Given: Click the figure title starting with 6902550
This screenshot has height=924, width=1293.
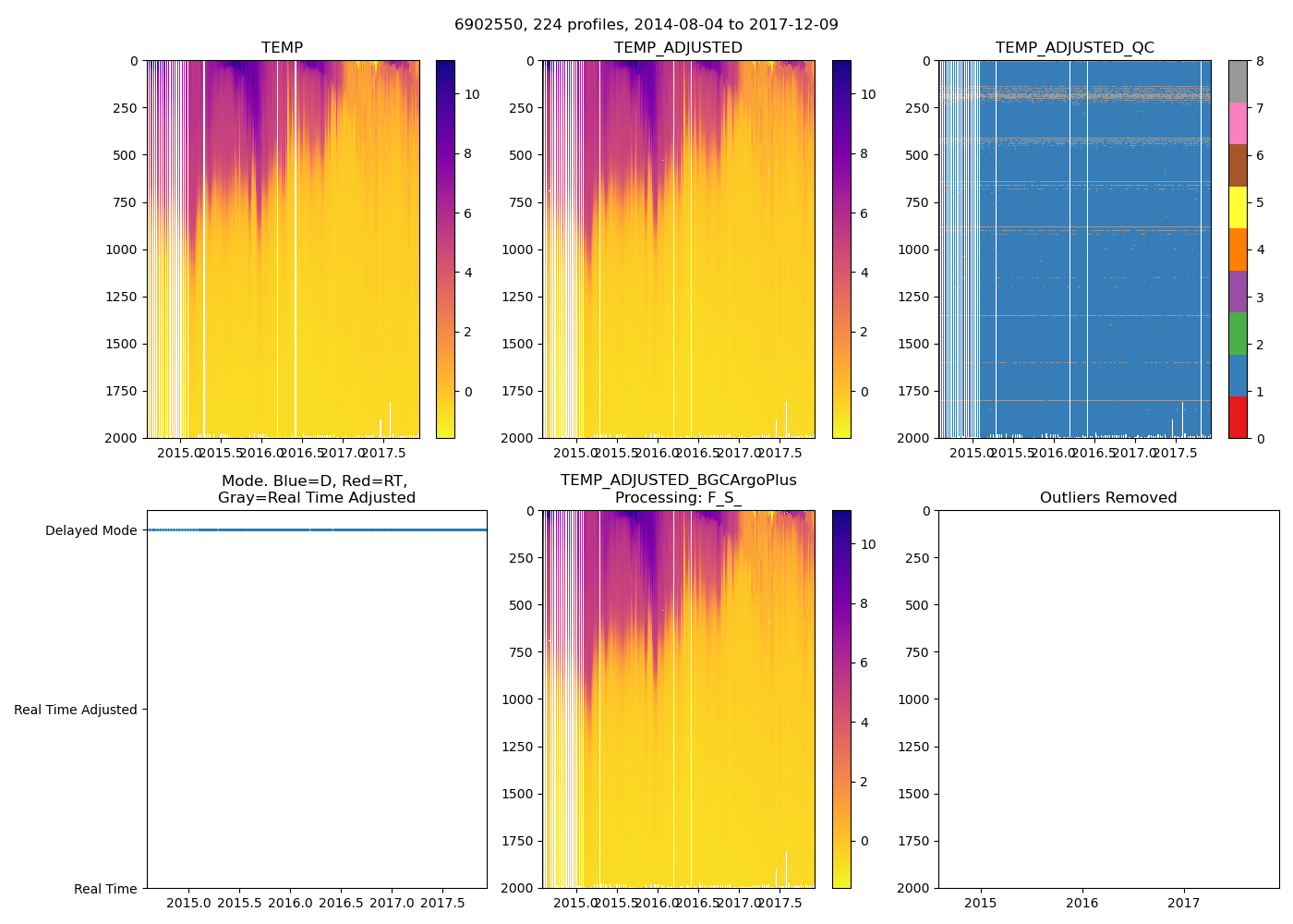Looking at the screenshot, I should pyautogui.click(x=646, y=25).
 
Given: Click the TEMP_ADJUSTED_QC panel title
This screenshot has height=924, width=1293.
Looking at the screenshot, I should pyautogui.click(x=1074, y=47).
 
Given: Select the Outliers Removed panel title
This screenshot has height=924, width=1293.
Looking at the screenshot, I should pyautogui.click(x=1108, y=498).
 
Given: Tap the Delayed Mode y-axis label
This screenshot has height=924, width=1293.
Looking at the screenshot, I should pyautogui.click(x=91, y=530).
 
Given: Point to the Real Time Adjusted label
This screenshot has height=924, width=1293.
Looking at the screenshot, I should pyautogui.click(x=76, y=710).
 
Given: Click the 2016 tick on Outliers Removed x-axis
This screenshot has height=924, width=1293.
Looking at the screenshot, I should pyautogui.click(x=1082, y=903).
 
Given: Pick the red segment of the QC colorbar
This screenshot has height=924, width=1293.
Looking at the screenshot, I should pyautogui.click(x=1238, y=417).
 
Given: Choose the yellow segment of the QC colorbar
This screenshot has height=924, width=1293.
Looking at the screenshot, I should pyautogui.click(x=1238, y=207).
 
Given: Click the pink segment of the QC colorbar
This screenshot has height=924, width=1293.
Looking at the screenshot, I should pyautogui.click(x=1238, y=123).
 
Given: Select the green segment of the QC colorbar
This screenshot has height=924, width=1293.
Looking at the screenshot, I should pyautogui.click(x=1238, y=333).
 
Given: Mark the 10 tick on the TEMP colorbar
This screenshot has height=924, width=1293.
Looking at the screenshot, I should pyautogui.click(x=472, y=94).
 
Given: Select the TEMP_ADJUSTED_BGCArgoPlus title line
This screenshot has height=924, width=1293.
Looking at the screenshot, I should pyautogui.click(x=678, y=480).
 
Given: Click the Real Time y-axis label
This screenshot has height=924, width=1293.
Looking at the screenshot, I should pyautogui.click(x=105, y=889).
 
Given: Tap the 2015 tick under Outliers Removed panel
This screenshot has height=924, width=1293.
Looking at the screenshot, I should pyautogui.click(x=981, y=903).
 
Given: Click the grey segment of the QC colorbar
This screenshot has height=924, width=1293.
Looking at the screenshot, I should pyautogui.click(x=1238, y=81).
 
